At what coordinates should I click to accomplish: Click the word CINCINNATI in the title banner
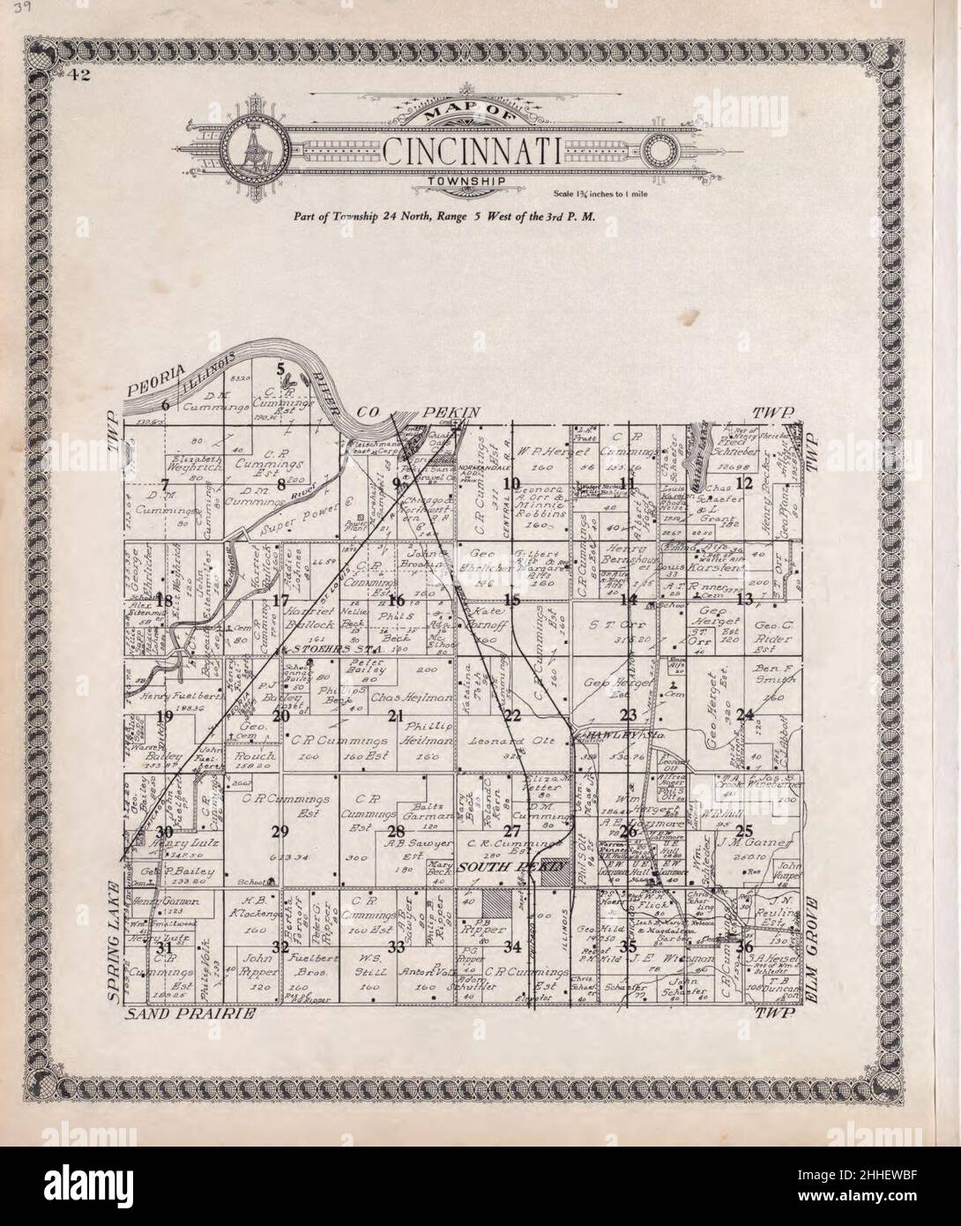pyautogui.click(x=473, y=152)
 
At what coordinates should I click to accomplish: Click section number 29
pyautogui.click(x=280, y=832)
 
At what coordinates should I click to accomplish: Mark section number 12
pyautogui.click(x=744, y=482)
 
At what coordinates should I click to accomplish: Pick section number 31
pyautogui.click(x=164, y=946)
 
